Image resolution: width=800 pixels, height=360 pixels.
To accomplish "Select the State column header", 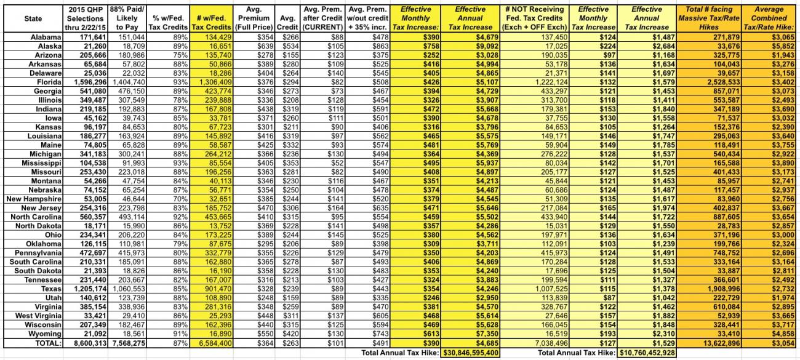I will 33,18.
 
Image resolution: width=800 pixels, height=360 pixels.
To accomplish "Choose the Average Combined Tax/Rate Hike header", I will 768,18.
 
